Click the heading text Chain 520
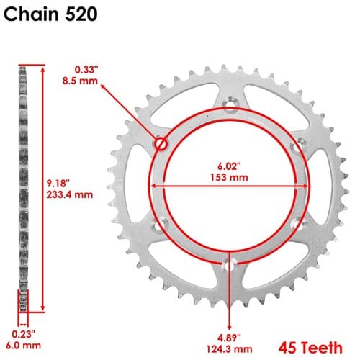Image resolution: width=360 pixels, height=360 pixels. coord(50,14)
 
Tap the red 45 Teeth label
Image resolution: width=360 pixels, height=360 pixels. coord(310,348)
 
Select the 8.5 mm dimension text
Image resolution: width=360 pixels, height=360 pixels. coord(80,81)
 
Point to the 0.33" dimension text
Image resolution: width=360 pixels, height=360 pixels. coord(86,70)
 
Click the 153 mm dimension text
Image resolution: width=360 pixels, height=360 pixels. coord(229,178)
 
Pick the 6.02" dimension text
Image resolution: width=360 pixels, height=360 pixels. coord(229,166)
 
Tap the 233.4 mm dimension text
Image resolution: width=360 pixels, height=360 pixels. coord(70,194)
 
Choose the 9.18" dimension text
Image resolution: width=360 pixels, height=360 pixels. coord(58,184)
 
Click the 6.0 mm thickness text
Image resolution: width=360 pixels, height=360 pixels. coord(23,346)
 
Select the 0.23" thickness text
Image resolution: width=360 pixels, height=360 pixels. coord(24,334)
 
